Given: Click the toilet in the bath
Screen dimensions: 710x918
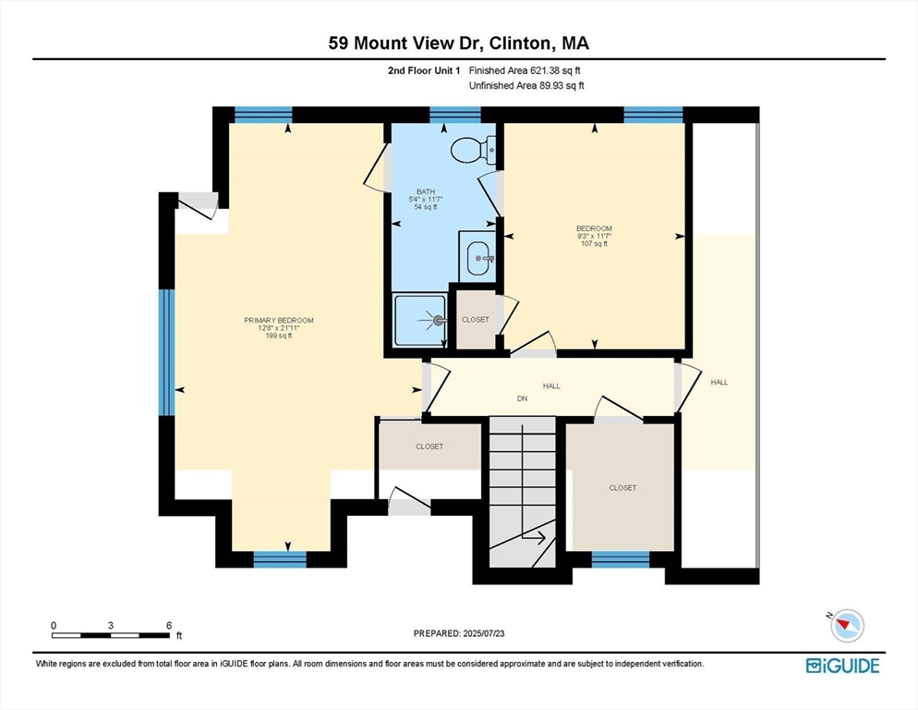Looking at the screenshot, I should (x=473, y=149).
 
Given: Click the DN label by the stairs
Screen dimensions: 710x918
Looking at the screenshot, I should (x=522, y=399).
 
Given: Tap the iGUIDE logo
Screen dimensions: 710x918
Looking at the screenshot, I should (x=842, y=666).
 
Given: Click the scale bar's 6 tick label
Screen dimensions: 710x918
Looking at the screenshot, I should (x=168, y=626).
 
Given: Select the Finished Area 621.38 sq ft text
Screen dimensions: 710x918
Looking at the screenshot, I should (x=525, y=70).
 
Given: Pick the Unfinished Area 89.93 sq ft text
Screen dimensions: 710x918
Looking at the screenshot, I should (x=526, y=86).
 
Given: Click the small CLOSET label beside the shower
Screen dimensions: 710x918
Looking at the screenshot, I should (x=476, y=320).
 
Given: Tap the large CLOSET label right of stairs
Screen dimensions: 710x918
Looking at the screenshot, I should (x=622, y=487).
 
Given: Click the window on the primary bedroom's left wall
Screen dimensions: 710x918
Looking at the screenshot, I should (x=167, y=351).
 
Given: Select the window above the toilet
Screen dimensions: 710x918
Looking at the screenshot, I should (x=455, y=115).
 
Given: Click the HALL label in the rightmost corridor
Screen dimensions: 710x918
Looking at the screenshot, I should (x=719, y=382).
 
